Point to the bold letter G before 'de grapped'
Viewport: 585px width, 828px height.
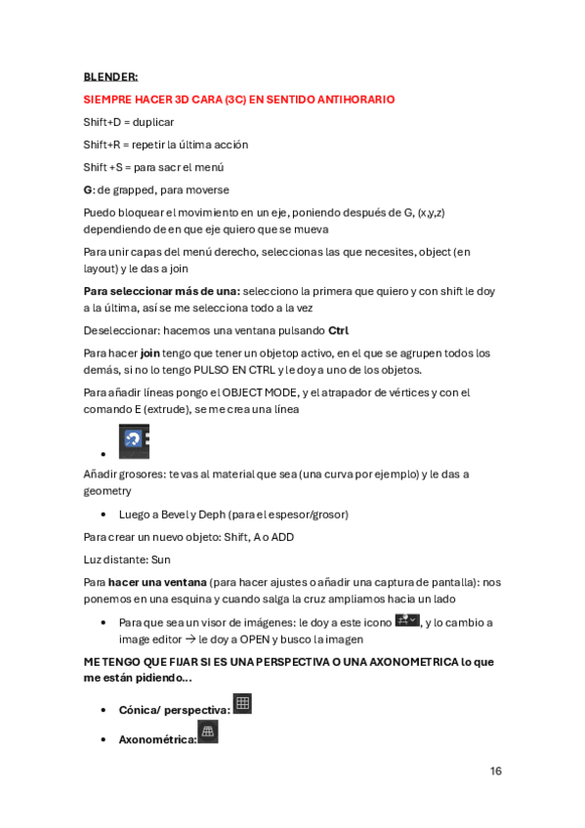tap(88, 189)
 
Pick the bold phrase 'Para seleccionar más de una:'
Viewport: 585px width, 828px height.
tap(161, 292)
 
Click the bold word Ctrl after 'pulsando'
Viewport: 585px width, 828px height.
tap(338, 330)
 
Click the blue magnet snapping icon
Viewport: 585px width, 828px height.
tap(134, 441)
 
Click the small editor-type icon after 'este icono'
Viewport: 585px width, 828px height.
tap(406, 620)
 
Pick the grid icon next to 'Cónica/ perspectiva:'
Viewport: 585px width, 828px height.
tap(242, 703)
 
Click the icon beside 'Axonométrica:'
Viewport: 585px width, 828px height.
tap(207, 732)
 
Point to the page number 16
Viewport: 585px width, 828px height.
tap(495, 771)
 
